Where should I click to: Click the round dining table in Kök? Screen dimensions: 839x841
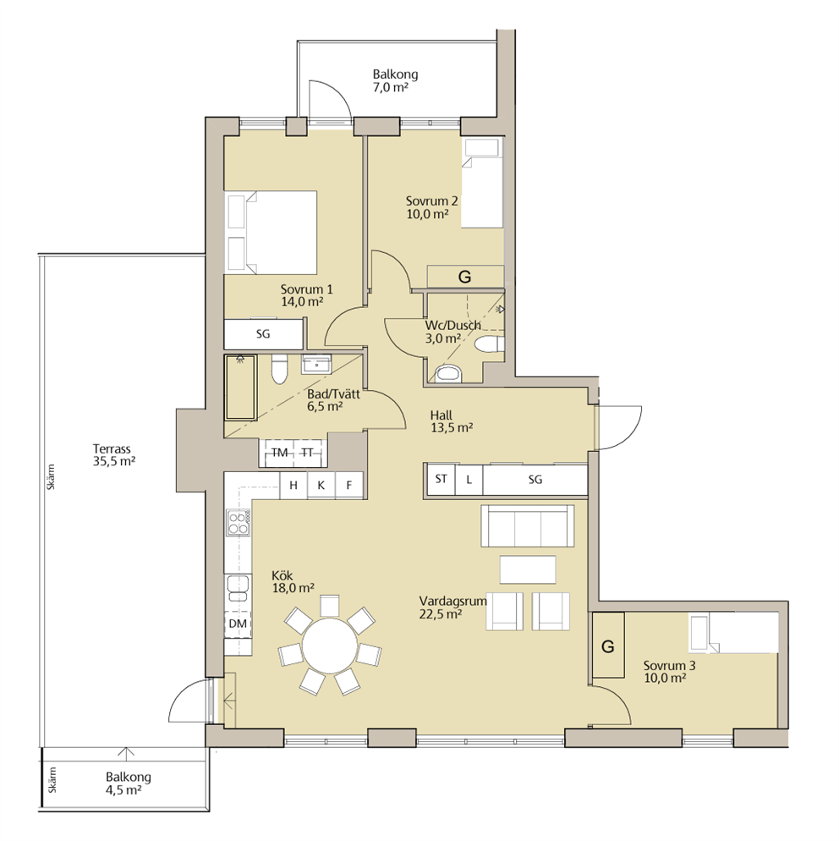pos(329,646)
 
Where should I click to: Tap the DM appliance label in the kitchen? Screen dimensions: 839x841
pos(238,624)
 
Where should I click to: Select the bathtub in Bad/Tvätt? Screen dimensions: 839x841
pos(241,388)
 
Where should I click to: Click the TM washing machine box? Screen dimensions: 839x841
pos(279,453)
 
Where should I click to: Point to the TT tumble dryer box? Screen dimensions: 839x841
pos(308,453)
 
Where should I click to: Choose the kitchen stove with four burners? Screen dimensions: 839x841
pos(238,522)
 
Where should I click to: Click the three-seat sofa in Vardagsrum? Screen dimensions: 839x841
pos(528,525)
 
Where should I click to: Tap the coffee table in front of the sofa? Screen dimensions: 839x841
pos(528,569)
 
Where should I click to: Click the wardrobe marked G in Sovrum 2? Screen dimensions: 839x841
pos(465,278)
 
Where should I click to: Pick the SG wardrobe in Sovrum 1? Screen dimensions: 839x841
pos(263,334)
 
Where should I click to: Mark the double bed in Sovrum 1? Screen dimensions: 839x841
pos(271,232)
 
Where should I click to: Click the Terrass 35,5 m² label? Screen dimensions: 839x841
pos(113,455)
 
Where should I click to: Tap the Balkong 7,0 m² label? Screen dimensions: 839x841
pos(395,80)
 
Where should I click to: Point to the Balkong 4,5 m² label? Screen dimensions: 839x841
pos(128,783)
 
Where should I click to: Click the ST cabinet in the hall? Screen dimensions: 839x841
pos(441,479)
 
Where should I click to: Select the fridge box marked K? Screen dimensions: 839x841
pos(321,486)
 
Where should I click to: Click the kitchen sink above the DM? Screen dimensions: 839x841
pos(238,588)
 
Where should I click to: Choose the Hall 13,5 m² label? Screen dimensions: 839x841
pos(451,421)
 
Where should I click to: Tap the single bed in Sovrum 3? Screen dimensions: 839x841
pos(733,634)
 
